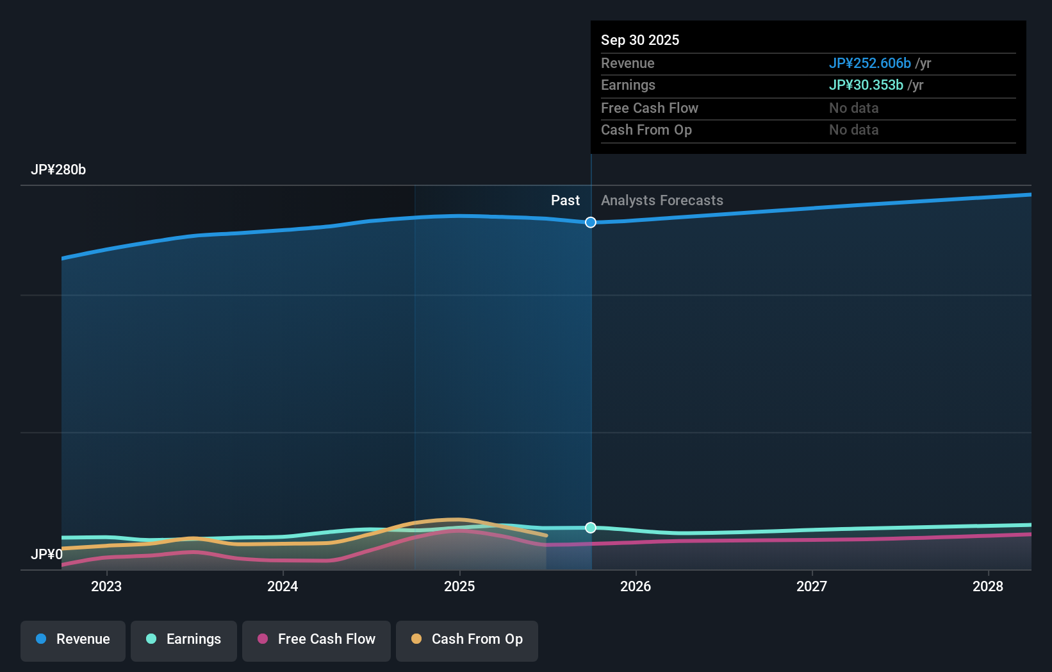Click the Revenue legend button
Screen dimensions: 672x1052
[x=73, y=639]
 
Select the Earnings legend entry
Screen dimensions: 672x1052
[x=184, y=639]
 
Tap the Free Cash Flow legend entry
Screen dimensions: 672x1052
[x=316, y=639]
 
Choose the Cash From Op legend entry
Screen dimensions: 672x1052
[x=467, y=639]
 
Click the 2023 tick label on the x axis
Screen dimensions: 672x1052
[x=106, y=586]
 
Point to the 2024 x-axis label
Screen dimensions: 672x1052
[x=283, y=586]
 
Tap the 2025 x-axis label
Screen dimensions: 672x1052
[x=459, y=586]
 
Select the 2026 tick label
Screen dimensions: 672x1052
[x=636, y=586]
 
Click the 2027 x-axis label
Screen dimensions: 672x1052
[x=812, y=586]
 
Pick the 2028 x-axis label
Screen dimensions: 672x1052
[x=988, y=586]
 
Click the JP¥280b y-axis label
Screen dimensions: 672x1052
[x=58, y=170]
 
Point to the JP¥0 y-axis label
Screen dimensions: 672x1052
[x=47, y=554]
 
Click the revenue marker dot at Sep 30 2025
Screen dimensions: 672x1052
[x=591, y=223]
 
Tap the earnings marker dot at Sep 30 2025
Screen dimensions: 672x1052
[x=591, y=528]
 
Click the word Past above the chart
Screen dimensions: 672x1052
[x=565, y=201]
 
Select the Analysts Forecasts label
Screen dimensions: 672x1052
[x=662, y=201]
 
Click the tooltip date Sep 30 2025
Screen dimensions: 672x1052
[x=640, y=40]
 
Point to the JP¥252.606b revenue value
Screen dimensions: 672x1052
[x=869, y=63]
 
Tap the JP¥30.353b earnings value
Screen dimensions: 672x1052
[x=866, y=85]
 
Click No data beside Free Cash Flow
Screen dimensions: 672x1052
[x=853, y=108]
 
